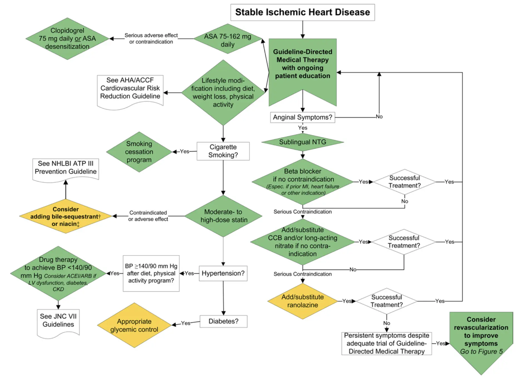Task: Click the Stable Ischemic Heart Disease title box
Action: coord(302,12)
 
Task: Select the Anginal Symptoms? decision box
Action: coord(302,117)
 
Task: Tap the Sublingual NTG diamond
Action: coord(302,142)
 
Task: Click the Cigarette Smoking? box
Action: coord(223,151)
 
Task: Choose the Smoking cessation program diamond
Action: coord(139,152)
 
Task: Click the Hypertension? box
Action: coord(223,273)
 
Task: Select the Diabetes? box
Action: coord(223,321)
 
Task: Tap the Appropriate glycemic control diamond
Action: coord(134,325)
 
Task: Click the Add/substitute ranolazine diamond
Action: coord(302,301)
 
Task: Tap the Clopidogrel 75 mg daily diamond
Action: coord(67,38)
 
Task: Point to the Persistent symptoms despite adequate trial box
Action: coord(386,343)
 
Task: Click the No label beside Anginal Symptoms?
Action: coord(379,117)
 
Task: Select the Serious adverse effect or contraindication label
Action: coord(151,38)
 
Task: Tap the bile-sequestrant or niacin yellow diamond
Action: coord(66,217)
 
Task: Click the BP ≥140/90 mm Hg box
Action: coord(151,273)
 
